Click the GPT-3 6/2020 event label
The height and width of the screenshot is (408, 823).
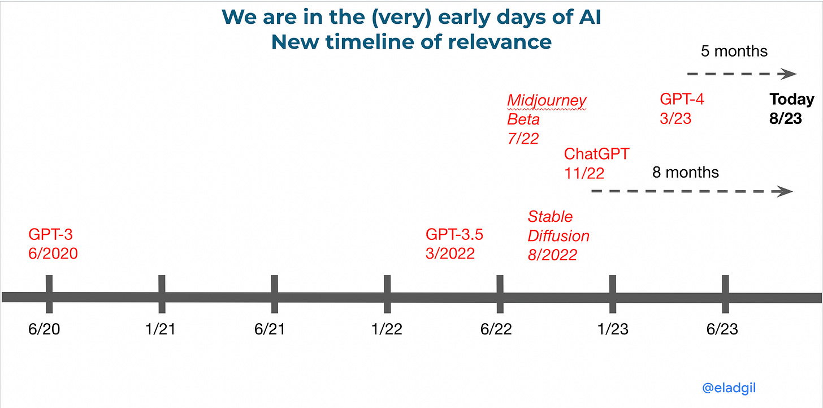click(53, 243)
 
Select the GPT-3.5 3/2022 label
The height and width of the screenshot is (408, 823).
click(454, 243)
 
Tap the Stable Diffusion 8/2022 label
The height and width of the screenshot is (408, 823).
click(558, 235)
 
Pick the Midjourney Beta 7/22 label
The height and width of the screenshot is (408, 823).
click(546, 119)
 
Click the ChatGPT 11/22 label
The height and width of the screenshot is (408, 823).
click(596, 163)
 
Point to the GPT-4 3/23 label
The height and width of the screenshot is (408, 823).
click(682, 109)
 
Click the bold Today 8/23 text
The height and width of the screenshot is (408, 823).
click(791, 109)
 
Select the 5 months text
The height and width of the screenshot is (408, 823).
click(734, 51)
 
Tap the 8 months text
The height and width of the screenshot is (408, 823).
click(685, 172)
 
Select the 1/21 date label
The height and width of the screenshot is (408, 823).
click(160, 329)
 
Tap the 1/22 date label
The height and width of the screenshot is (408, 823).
click(387, 329)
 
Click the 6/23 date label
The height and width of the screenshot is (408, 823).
click(722, 329)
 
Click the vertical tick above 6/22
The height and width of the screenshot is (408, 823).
click(500, 294)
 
